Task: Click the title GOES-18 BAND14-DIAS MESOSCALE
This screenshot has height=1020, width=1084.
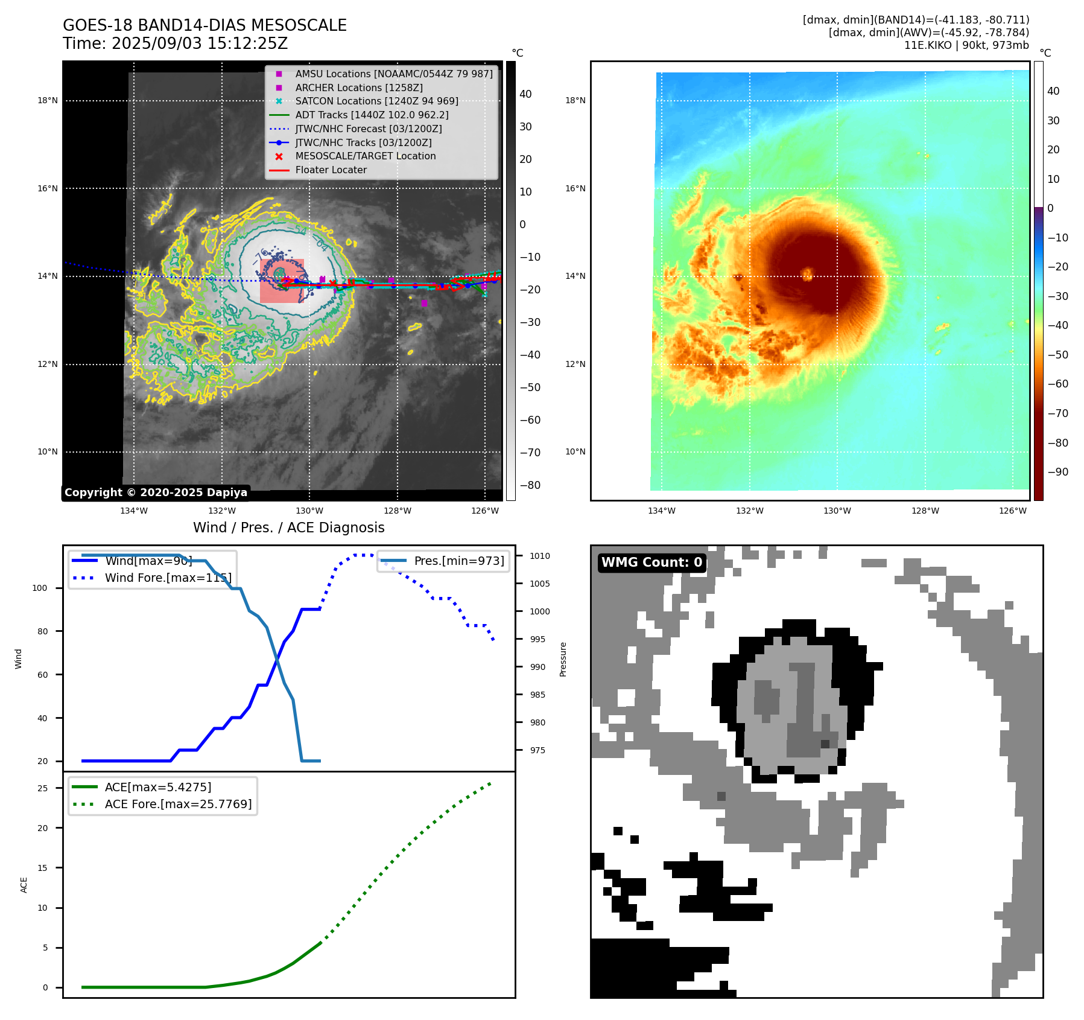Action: tap(204, 25)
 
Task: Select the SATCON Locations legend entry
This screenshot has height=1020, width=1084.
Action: tap(376, 101)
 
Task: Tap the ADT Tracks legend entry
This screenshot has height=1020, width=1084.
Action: tap(372, 115)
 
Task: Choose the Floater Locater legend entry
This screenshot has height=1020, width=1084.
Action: tap(331, 170)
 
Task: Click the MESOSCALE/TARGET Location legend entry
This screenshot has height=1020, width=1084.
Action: tap(365, 156)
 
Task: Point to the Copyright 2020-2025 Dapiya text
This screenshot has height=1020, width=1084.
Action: tap(156, 492)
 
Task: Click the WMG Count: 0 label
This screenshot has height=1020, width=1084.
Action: tap(651, 563)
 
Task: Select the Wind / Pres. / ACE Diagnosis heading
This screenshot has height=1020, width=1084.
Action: tap(288, 528)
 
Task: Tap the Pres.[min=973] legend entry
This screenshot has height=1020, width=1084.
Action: tap(458, 561)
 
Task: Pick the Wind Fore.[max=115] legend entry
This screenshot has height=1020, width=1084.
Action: tap(168, 578)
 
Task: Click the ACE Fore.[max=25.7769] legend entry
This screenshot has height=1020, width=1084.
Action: tap(178, 804)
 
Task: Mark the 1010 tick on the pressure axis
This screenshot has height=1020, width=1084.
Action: tap(540, 556)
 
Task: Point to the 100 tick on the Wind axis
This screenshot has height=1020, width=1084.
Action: tap(39, 588)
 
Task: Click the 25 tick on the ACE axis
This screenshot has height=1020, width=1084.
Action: tap(42, 788)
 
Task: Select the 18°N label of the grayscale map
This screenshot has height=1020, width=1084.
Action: tap(48, 101)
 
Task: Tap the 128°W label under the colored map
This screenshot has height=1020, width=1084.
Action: tap(925, 511)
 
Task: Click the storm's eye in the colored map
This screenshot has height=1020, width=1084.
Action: tap(807, 275)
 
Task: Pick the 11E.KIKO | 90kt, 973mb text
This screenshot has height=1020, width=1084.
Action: tap(966, 45)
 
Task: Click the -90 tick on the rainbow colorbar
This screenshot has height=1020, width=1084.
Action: tap(1057, 472)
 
